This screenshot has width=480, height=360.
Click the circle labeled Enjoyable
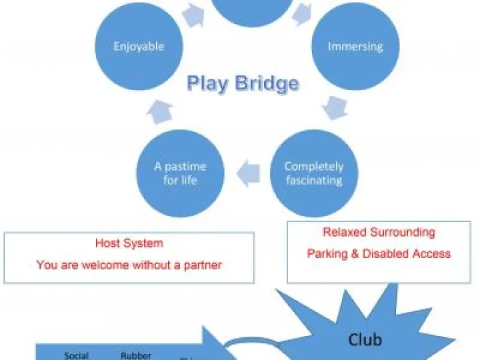tap(139, 47)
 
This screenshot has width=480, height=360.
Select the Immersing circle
tap(355, 47)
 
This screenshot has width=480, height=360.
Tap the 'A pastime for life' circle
tap(180, 173)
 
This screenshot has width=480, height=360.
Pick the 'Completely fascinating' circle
tap(313, 173)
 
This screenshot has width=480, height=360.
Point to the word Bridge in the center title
tap(267, 84)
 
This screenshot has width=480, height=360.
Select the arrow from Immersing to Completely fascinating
tap(335, 107)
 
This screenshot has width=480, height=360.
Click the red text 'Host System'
tap(129, 244)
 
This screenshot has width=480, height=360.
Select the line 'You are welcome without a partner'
tap(129, 265)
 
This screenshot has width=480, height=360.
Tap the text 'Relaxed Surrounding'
tap(379, 233)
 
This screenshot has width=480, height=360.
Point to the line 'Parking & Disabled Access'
tap(379, 253)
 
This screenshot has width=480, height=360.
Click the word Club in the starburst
tap(365, 339)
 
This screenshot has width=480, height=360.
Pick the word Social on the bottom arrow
tap(76, 355)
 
